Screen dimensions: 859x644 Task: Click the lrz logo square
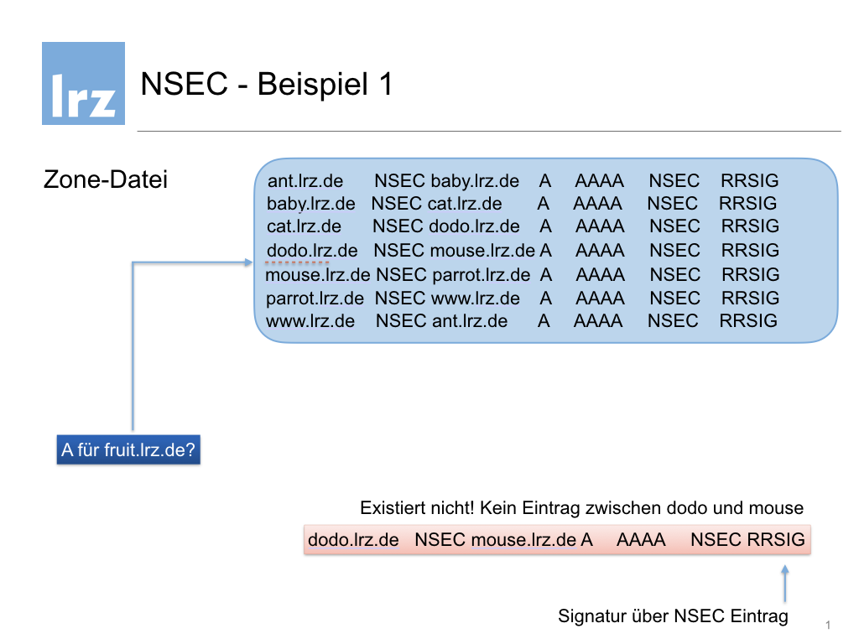coord(83,83)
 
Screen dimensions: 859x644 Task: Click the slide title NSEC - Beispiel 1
coord(267,85)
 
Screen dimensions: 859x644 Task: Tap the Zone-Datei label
coord(105,179)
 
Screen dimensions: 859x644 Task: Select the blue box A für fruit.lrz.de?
coord(128,449)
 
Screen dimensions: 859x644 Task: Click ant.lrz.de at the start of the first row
coord(305,181)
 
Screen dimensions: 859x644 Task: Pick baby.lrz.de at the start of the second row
coord(310,204)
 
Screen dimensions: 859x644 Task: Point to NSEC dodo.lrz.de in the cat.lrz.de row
coord(446,226)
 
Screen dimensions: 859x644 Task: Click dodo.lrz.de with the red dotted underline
coord(312,250)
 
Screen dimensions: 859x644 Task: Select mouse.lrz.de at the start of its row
coord(318,274)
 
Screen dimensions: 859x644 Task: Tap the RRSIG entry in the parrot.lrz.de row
coord(750,298)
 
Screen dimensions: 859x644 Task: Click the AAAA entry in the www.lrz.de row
coord(597,321)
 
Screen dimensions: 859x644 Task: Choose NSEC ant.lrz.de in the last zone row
coord(441,321)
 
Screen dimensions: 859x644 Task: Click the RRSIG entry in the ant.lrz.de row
coord(749,181)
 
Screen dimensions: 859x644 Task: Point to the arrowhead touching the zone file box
coord(248,262)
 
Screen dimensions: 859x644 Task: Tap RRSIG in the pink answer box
coord(776,539)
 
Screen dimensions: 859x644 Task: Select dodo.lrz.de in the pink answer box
coord(353,539)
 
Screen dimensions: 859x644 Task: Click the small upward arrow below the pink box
coord(785,584)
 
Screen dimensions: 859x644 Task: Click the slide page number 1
coord(828,625)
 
